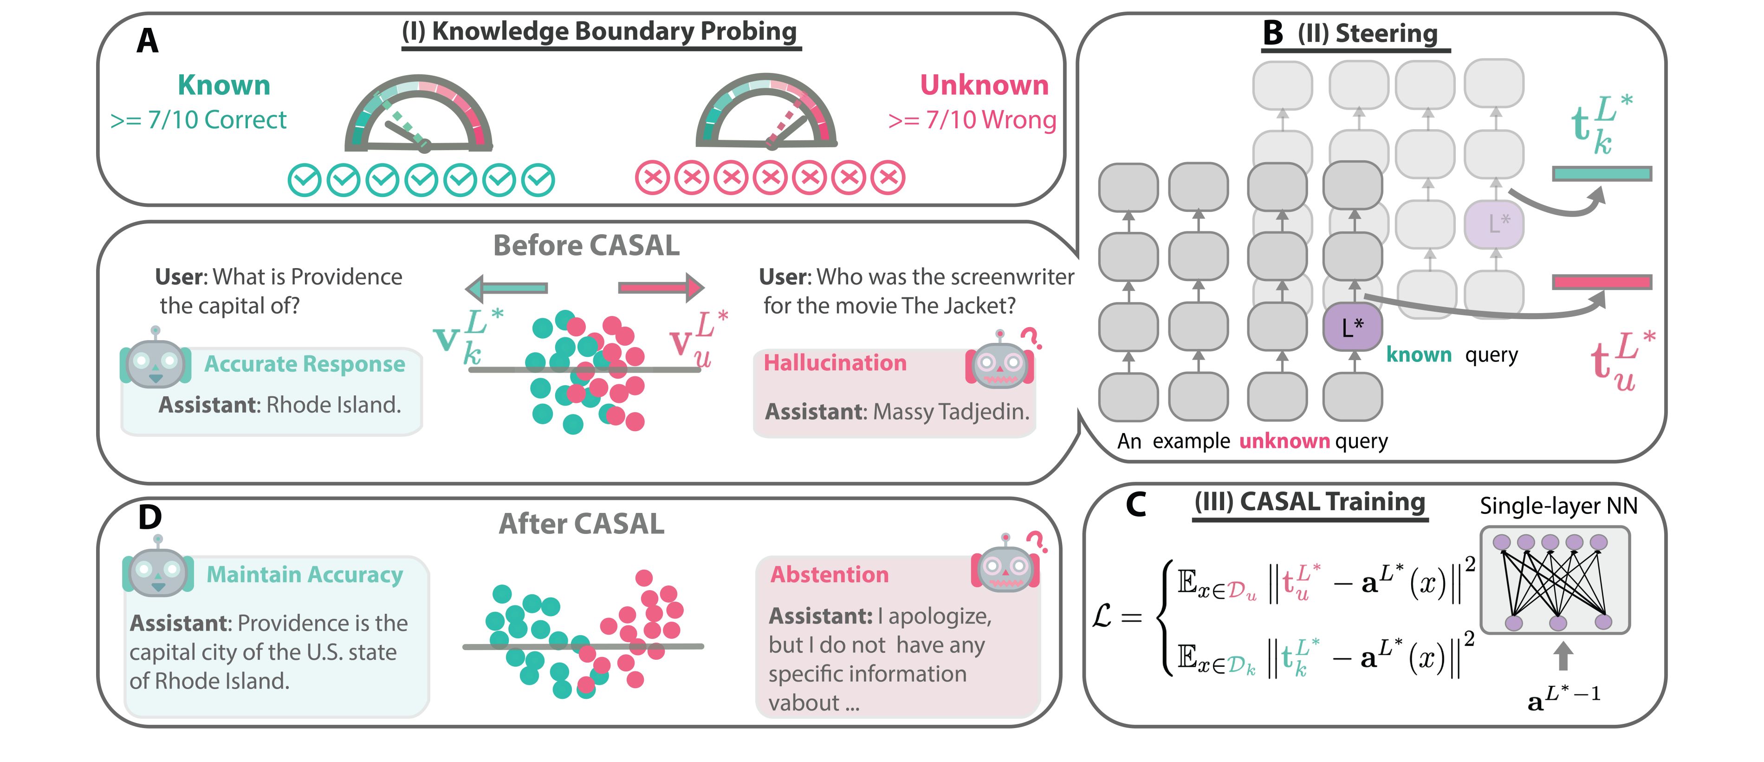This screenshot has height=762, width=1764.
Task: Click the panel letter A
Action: [147, 40]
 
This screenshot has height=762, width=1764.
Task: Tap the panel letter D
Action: [150, 517]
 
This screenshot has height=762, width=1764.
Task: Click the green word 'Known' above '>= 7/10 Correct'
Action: [224, 85]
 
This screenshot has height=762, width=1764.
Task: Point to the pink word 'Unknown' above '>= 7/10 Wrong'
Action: [984, 85]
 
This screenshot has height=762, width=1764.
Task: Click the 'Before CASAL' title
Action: [586, 245]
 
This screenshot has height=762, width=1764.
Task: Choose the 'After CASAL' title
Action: [581, 524]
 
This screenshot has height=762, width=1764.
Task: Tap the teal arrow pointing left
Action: [507, 288]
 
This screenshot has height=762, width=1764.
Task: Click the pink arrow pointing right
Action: [661, 288]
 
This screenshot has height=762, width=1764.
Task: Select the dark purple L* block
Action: [1352, 327]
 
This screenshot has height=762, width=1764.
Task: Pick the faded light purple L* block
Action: [1493, 223]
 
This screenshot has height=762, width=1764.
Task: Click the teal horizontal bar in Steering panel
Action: [1602, 174]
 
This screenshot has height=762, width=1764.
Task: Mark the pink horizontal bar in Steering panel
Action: [1602, 282]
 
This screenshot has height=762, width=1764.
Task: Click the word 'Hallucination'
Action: [835, 362]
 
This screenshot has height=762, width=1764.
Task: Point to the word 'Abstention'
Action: [829, 574]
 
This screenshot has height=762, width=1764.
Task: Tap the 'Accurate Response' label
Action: [305, 364]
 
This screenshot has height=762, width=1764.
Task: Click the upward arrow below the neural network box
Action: [1562, 656]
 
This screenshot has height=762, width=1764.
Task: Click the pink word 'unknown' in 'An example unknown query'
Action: [1284, 440]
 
